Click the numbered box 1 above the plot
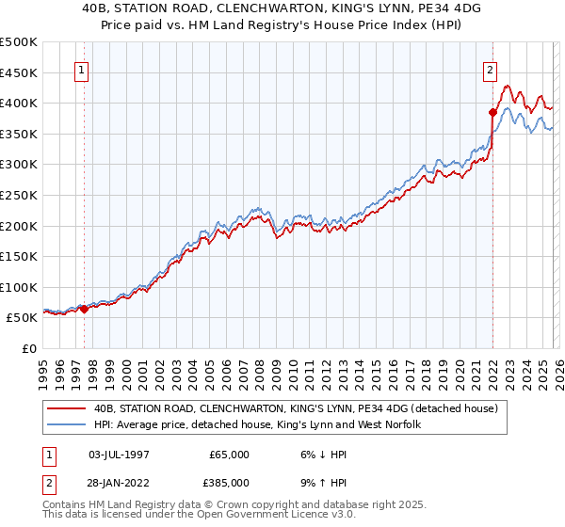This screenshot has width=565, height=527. point(81,69)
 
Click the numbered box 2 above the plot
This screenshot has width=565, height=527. point(491,69)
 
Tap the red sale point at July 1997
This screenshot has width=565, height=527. point(84,308)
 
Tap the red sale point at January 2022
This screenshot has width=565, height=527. point(492,111)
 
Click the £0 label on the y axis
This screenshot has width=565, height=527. point(29,349)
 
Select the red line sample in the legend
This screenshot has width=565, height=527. point(68,407)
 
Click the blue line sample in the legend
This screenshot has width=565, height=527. point(68,425)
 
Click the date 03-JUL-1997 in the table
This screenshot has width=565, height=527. point(119,455)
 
